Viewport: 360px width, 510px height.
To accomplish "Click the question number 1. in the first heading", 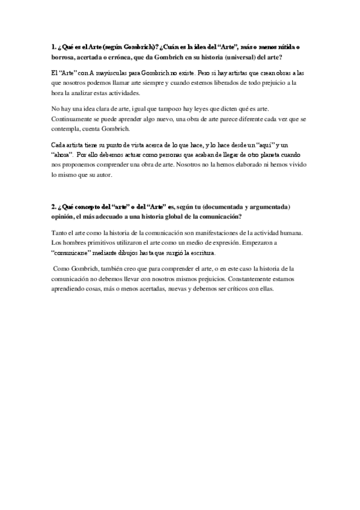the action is click(53, 48).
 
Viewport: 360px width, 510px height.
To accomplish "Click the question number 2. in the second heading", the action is click(54, 206).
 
